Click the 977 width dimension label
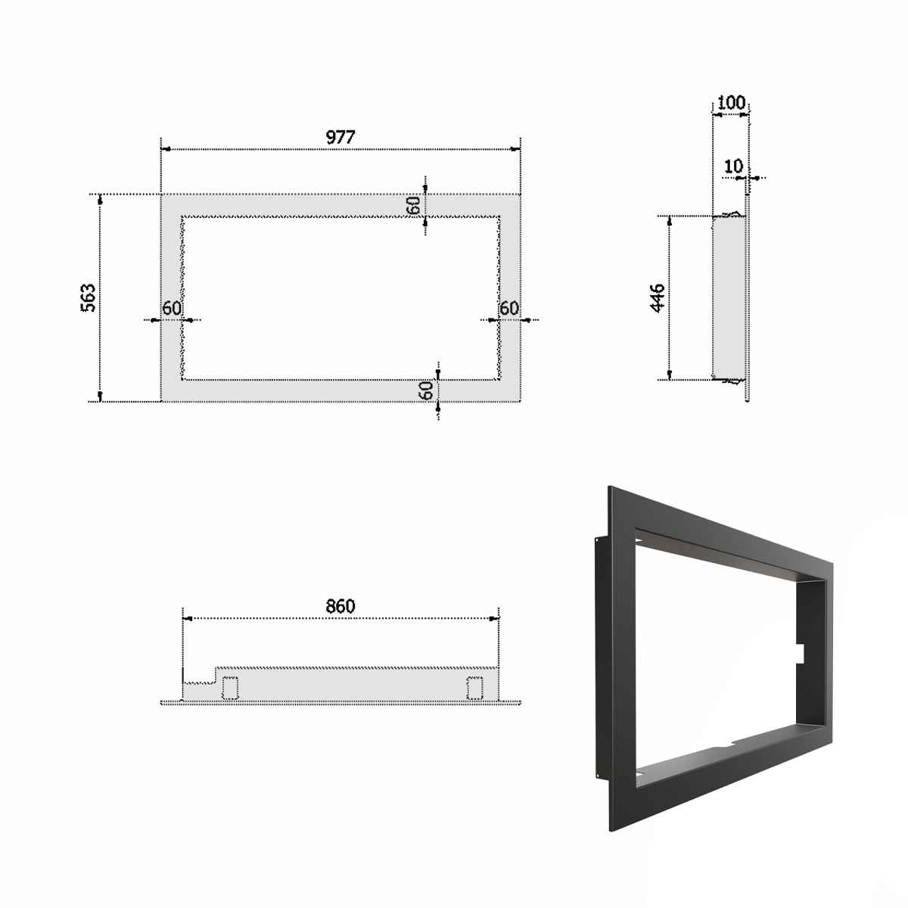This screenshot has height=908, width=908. pos(340,137)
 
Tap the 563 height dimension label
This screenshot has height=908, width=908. pos(89,298)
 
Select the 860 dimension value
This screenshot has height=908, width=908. pos(340,606)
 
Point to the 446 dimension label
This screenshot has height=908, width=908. pos(658,298)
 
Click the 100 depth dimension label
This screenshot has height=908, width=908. pos(731,103)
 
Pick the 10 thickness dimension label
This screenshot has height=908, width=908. pos(733,166)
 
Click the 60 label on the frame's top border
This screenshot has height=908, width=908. pos(414,205)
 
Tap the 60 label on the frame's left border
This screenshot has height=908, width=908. pos(172,308)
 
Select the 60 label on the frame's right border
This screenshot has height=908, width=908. pos(509,308)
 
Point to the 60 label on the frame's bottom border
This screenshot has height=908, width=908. pos(427,390)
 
